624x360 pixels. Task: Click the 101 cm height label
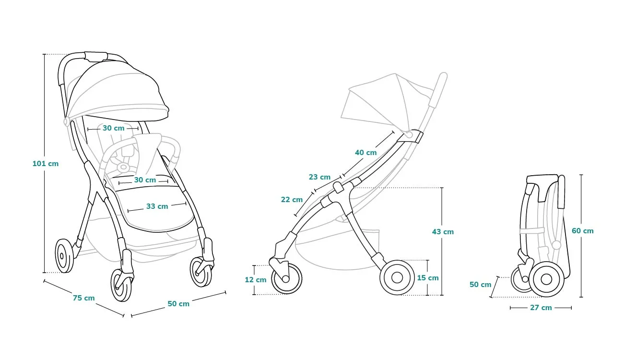46,163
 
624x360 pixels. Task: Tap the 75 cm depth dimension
84,298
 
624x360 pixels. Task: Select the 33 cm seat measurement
157,206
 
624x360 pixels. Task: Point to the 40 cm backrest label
365,153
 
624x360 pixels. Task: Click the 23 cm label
319,177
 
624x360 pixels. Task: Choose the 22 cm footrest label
292,199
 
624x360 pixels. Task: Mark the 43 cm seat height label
443,231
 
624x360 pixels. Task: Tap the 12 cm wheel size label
256,279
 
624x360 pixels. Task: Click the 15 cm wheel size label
428,278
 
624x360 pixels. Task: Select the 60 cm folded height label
582,230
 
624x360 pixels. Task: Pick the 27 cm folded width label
541,308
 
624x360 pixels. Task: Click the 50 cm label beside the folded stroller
480,285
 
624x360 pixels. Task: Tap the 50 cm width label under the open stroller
178,304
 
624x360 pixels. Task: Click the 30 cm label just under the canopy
113,128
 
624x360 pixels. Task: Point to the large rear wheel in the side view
397,277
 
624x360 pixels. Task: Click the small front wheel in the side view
287,278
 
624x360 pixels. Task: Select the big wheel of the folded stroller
546,279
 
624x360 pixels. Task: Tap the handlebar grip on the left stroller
96,56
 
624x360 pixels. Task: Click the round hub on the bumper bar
123,168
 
